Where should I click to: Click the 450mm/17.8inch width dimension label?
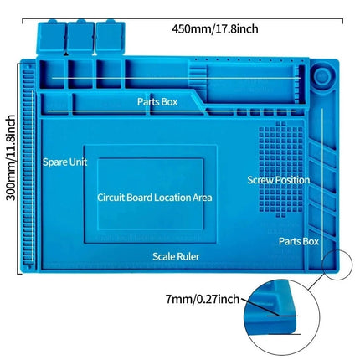215,29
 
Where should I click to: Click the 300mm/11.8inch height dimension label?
11,157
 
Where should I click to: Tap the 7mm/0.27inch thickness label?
203,299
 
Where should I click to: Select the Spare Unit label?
64,162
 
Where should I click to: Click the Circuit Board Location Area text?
155,198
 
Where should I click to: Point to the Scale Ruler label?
176,256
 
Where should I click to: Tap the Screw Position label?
279,180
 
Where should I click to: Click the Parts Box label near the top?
157,101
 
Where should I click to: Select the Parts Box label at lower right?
299,241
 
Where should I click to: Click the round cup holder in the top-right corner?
321,76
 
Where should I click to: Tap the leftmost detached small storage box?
52,38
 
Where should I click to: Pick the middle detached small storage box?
80,38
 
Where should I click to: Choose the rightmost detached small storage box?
111,38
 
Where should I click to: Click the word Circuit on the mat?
111,198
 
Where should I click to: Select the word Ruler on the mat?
188,256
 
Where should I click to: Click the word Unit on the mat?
78,162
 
